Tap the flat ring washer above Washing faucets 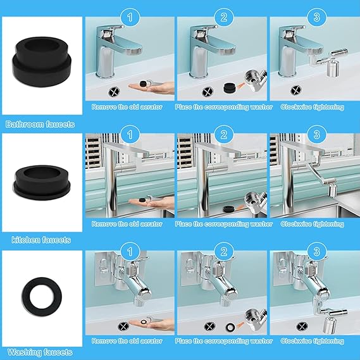click(x=41, y=295)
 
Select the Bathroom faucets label click(x=40, y=123)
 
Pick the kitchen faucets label click(x=40, y=240)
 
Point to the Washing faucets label click(x=40, y=352)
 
